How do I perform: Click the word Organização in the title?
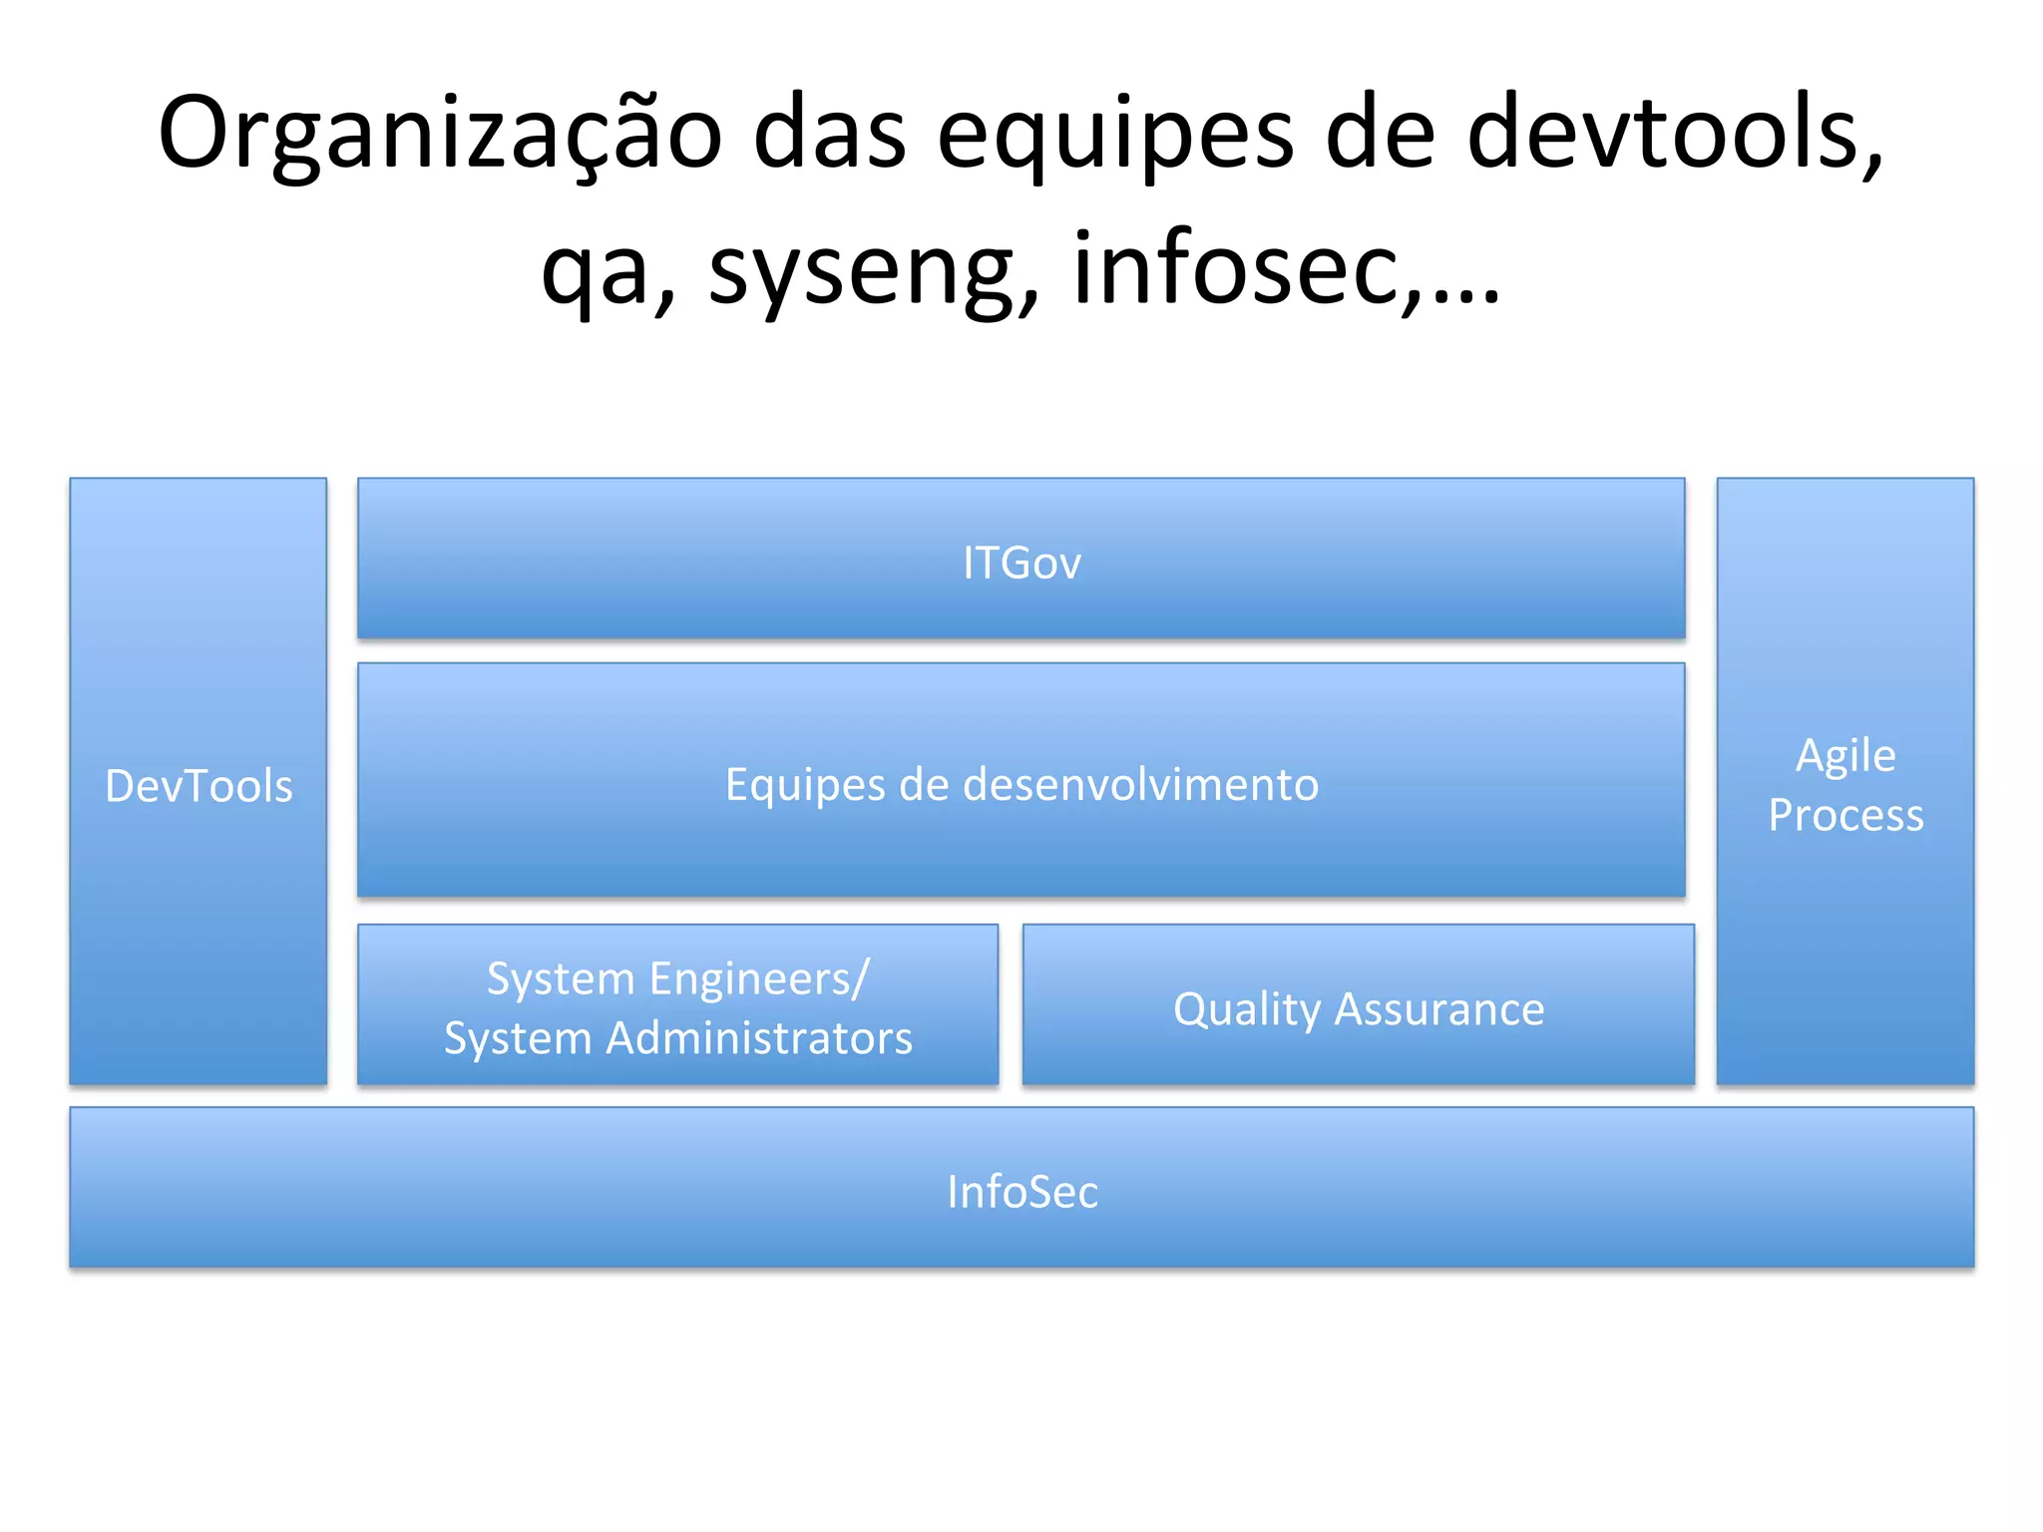439,135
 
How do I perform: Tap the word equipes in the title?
1114,135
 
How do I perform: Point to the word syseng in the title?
874,269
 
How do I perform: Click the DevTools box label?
199,786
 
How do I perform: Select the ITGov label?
1021,563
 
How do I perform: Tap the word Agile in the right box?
1845,756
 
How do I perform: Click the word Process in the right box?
1845,816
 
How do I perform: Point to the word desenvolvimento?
1140,784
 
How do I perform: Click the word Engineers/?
760,979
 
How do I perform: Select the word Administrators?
759,1038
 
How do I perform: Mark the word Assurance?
1439,1009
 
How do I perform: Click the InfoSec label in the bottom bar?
1021,1192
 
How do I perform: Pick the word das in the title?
829,135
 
